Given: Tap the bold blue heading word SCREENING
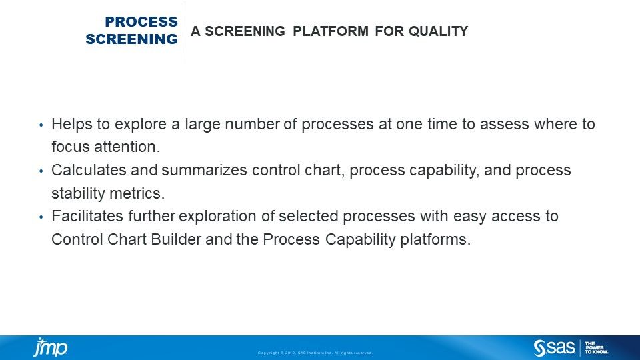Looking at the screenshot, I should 131,39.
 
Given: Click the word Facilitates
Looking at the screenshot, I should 85,217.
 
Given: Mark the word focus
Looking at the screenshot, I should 69,147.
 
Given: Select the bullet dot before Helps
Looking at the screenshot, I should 41,125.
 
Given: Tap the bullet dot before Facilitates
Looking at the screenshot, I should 41,217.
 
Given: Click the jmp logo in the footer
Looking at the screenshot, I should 51,347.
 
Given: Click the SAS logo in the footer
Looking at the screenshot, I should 554,347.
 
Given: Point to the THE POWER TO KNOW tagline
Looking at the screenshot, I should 596,347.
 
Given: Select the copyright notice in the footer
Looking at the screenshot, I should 315,353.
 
